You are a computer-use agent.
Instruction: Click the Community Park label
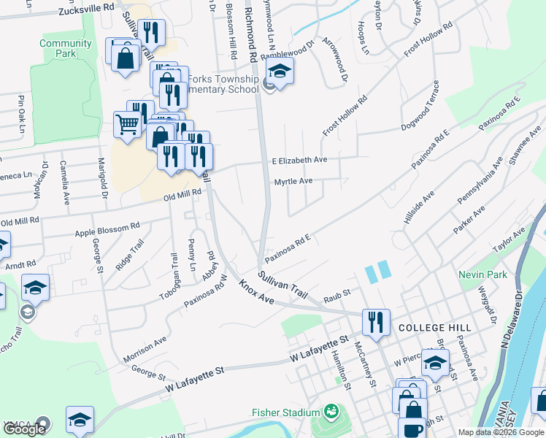pyautogui.click(x=66, y=48)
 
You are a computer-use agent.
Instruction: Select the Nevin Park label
pyautogui.click(x=482, y=274)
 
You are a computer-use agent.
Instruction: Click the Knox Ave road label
pyautogui.click(x=255, y=295)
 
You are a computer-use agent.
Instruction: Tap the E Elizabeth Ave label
pyautogui.click(x=299, y=160)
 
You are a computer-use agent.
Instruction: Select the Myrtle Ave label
pyautogui.click(x=293, y=181)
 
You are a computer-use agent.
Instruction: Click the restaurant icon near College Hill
pyautogui.click(x=376, y=322)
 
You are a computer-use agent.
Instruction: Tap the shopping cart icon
pyautogui.click(x=128, y=124)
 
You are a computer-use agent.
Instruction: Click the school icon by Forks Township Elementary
pyautogui.click(x=279, y=72)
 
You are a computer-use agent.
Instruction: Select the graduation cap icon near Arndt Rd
pyautogui.click(x=35, y=287)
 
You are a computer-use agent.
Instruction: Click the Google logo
pyautogui.click(x=24, y=429)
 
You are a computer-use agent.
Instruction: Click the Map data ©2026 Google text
pyautogui.click(x=501, y=432)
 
